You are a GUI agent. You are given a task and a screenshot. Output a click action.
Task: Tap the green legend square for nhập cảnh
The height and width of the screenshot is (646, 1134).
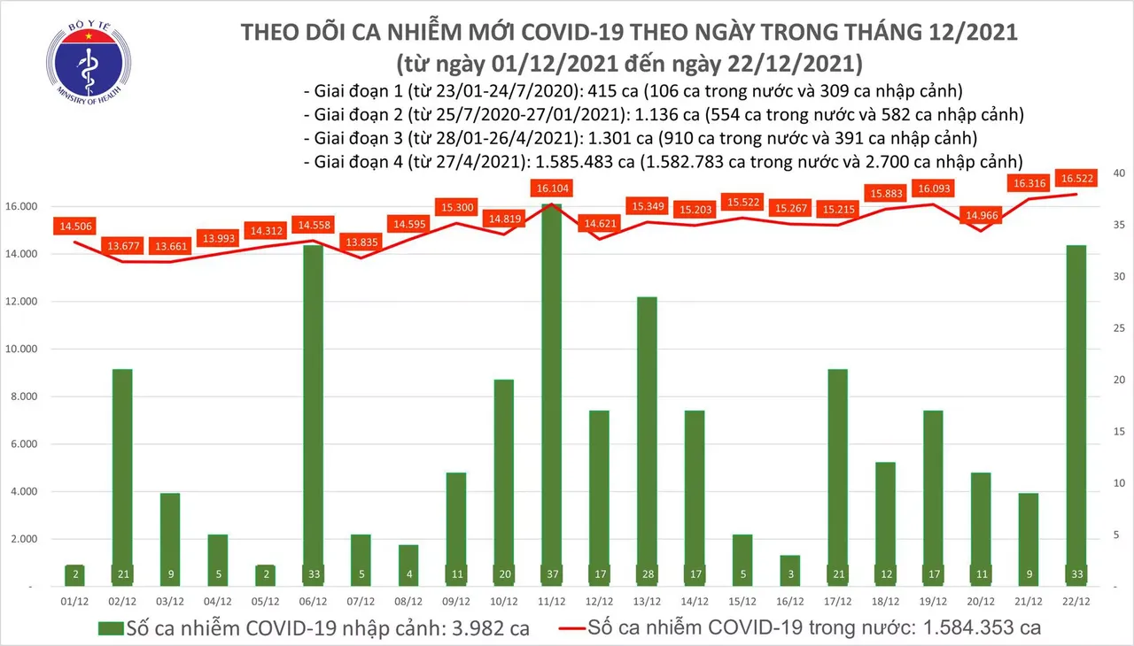(x=110, y=628)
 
